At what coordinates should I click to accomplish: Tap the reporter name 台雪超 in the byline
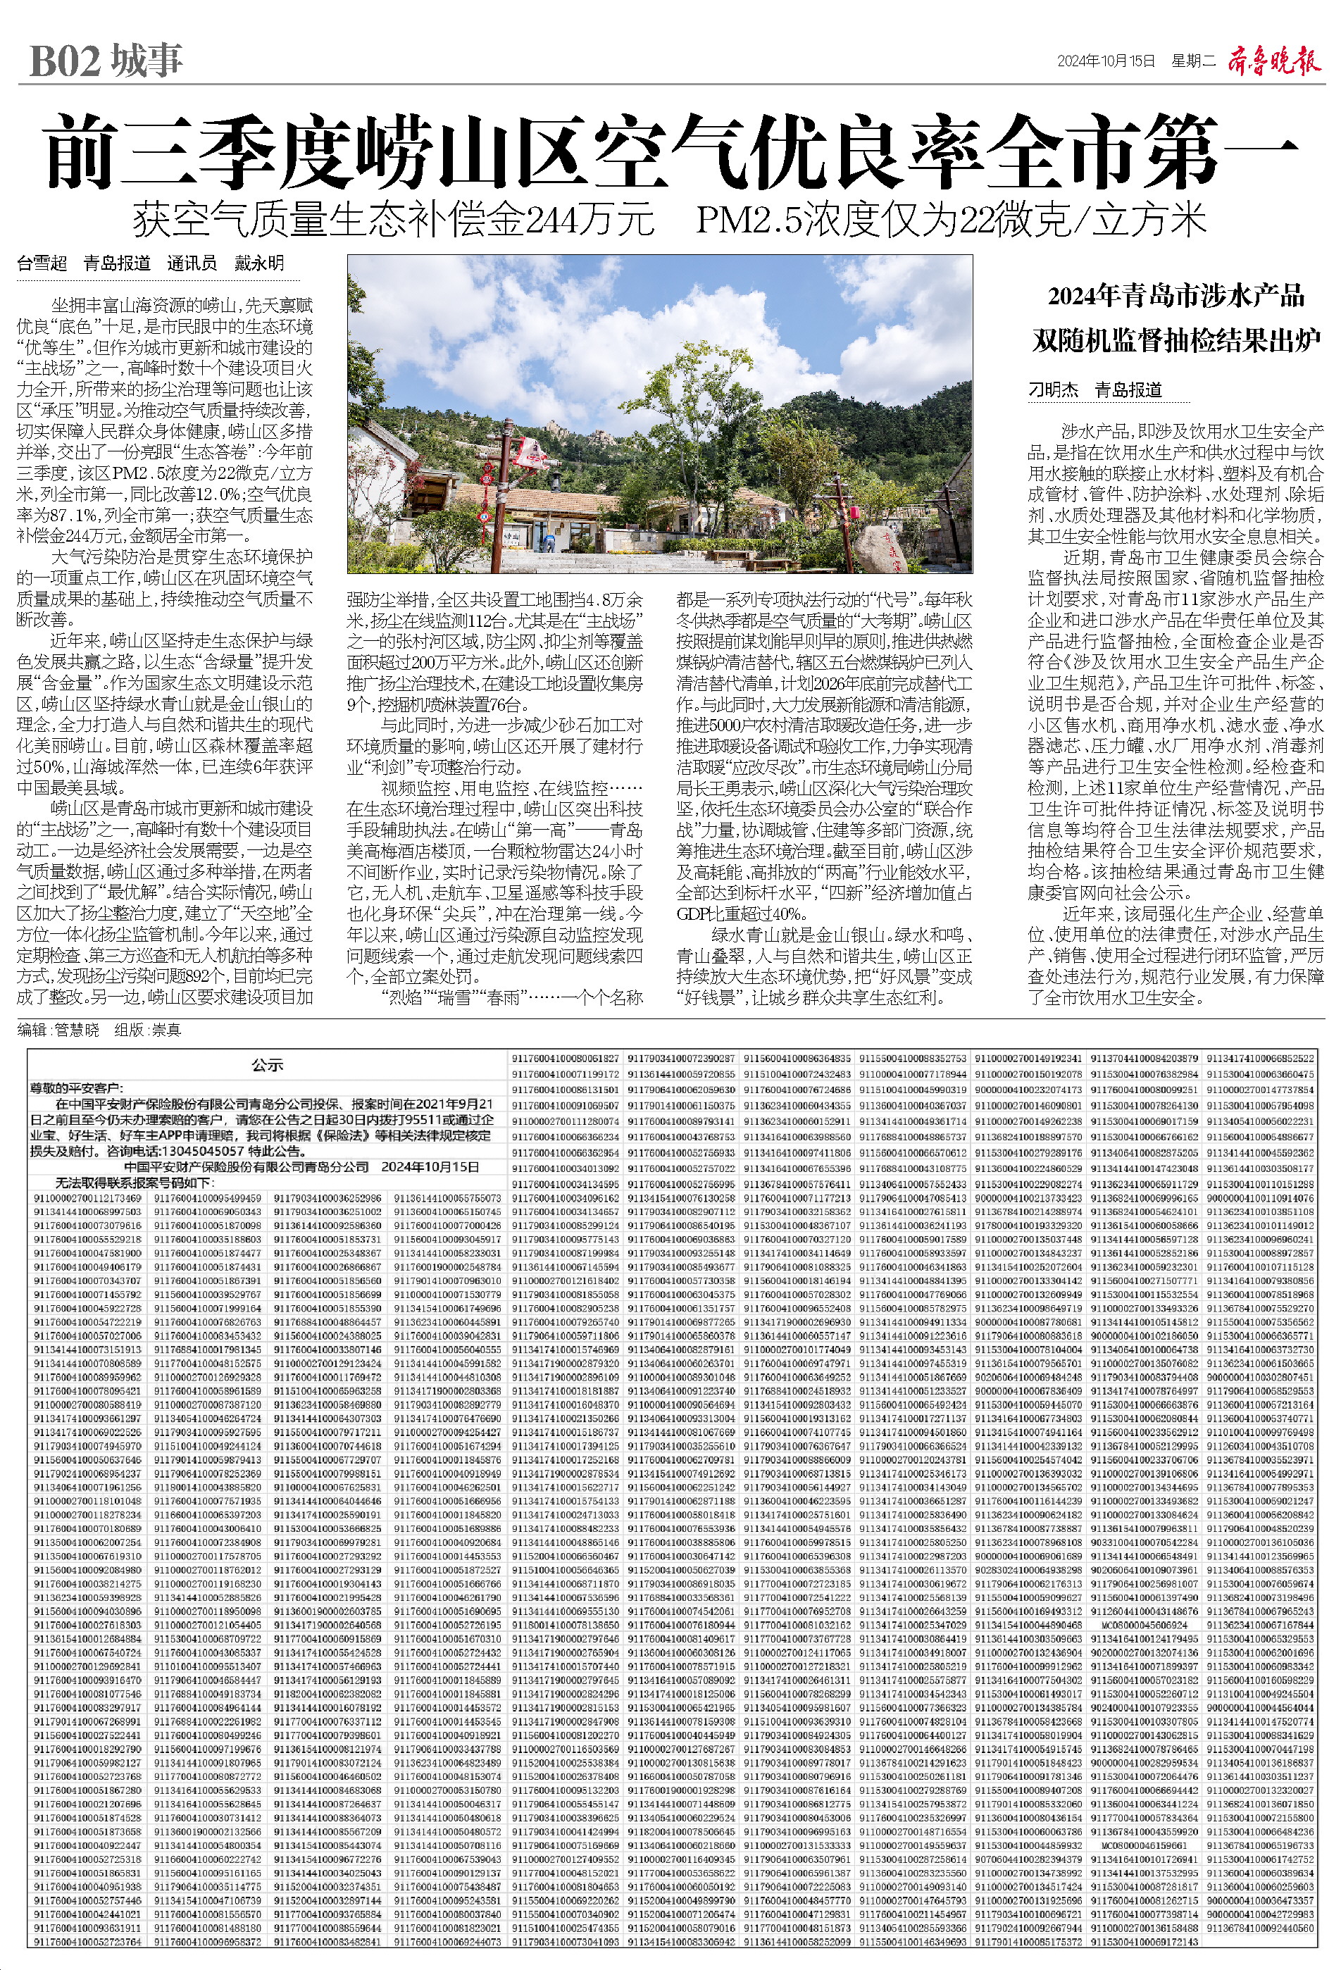tap(42, 263)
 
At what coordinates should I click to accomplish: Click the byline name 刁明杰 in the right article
tap(1053, 390)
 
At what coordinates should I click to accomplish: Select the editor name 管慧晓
tap(76, 1030)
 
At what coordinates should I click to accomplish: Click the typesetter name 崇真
tap(166, 1030)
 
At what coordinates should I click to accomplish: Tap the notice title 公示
tap(267, 1066)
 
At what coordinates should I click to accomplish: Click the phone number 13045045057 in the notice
tap(214, 1151)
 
